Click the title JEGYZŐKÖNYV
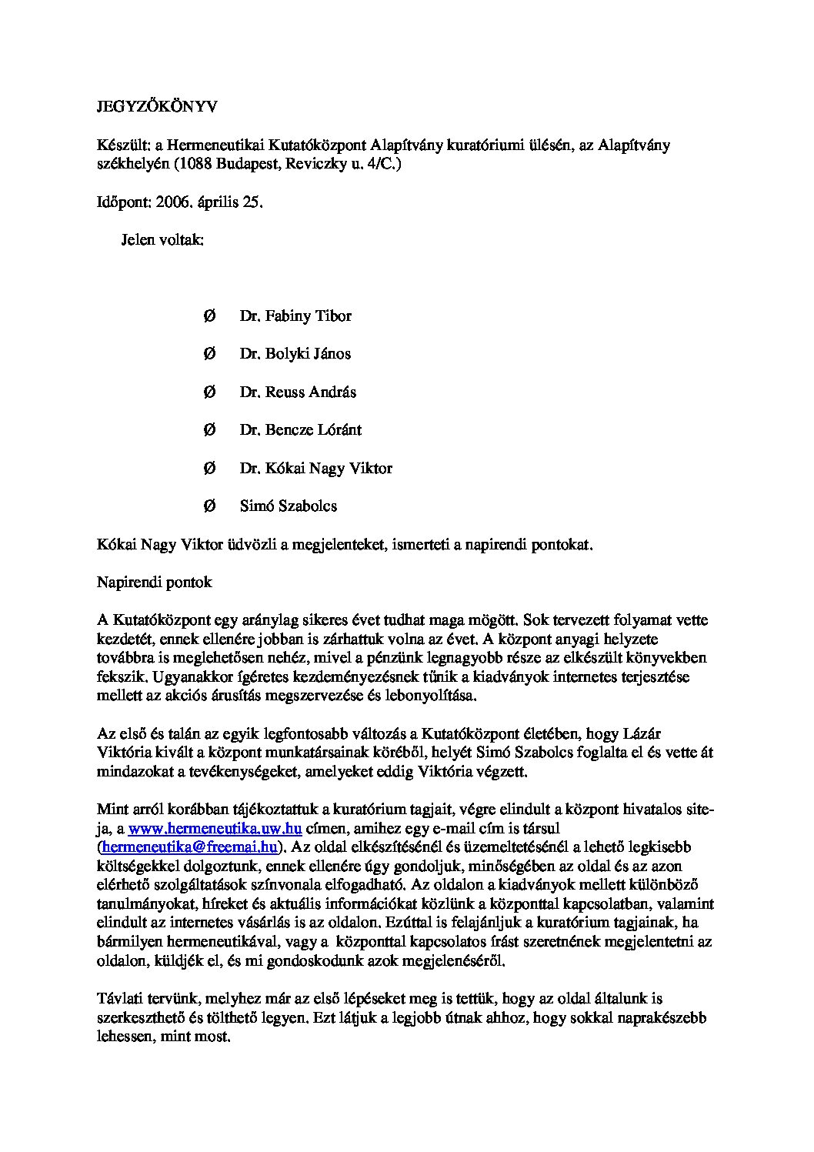click(x=156, y=107)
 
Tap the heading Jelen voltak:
click(x=162, y=240)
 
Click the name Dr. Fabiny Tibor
click(x=295, y=316)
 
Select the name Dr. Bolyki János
click(x=295, y=354)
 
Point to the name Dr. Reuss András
click(x=298, y=392)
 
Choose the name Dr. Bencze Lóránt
click(x=300, y=429)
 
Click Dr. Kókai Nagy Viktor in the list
click(x=315, y=468)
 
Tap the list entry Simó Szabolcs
click(x=288, y=506)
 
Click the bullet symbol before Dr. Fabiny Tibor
click(x=209, y=316)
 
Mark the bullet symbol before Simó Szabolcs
click(x=209, y=506)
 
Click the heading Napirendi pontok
click(x=154, y=582)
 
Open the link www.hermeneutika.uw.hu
click(x=215, y=829)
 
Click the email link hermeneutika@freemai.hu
click(x=188, y=847)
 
